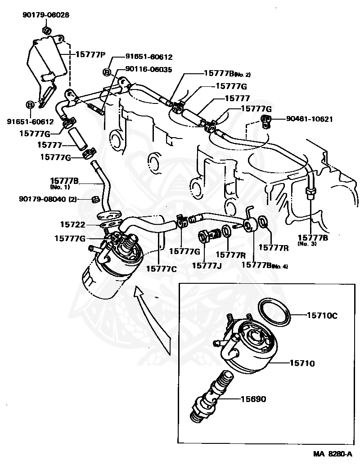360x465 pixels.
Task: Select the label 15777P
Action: pyautogui.click(x=90, y=54)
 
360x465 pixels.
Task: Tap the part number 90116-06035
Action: pyautogui.click(x=148, y=69)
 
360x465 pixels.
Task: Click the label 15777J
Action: pyautogui.click(x=207, y=265)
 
